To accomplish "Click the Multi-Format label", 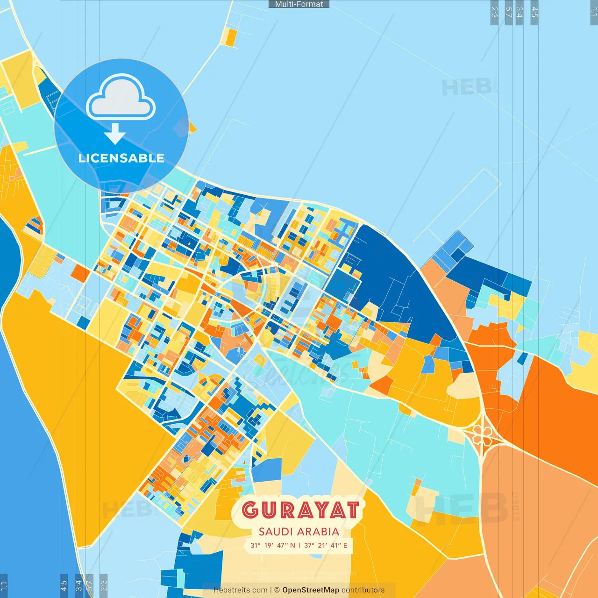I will click(299, 4).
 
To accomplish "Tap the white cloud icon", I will click(121, 99).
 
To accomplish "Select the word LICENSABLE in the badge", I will click(121, 158).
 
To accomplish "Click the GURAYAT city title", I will click(300, 510).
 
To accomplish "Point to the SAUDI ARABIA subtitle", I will click(299, 532).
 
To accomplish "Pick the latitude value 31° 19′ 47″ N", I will click(273, 545).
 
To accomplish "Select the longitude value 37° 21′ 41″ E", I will click(326, 545).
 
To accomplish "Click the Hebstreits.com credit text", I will click(240, 590).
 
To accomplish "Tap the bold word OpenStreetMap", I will click(311, 590).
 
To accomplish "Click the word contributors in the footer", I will click(363, 590).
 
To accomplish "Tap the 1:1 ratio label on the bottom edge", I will click(4, 586).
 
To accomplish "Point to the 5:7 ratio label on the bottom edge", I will click(90, 586).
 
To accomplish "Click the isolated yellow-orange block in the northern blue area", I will click(230, 37).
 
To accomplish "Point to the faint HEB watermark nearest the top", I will click(467, 87).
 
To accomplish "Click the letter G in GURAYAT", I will click(250, 510).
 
